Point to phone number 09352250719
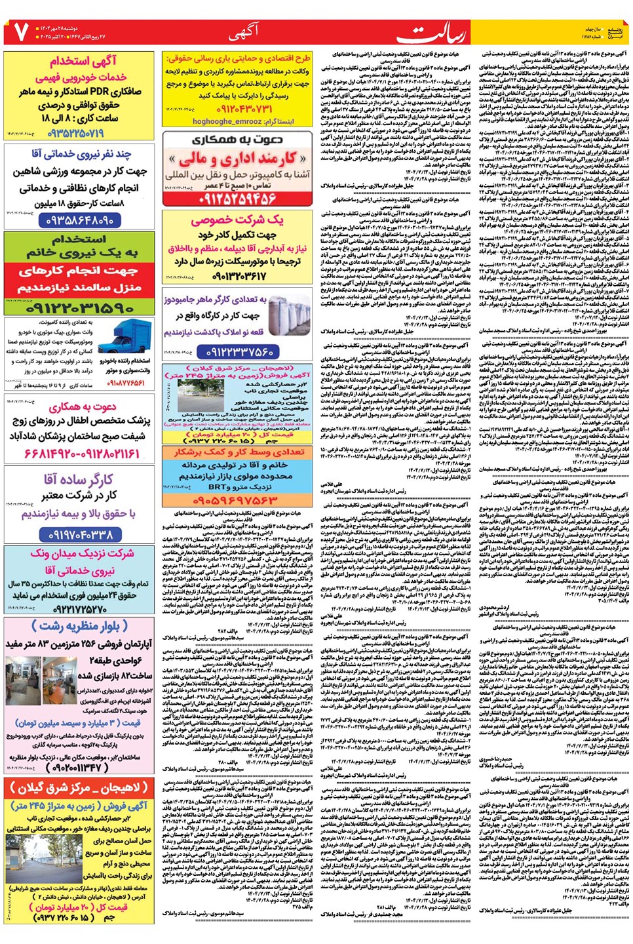click(76, 134)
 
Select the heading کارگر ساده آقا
click(79, 479)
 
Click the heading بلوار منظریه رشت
click(79, 626)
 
